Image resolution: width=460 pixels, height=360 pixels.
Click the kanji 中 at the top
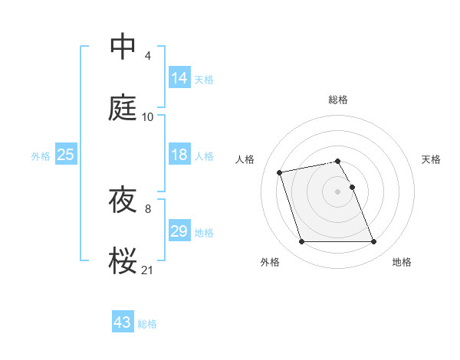click(123, 47)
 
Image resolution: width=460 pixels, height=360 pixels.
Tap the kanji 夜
click(123, 199)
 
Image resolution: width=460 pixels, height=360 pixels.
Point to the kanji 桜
click(123, 260)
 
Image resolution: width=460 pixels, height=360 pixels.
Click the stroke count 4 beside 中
click(147, 56)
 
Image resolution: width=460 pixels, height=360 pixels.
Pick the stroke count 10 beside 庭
click(148, 116)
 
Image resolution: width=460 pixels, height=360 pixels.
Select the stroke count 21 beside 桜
click(148, 269)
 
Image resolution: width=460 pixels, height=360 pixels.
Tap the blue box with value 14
click(179, 77)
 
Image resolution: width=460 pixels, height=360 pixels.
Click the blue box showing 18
click(179, 155)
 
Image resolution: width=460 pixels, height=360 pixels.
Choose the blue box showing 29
click(179, 231)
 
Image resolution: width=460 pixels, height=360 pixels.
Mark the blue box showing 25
click(65, 155)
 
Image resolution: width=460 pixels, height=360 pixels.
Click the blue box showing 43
click(123, 322)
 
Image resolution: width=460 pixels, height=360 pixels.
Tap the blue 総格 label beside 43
click(147, 324)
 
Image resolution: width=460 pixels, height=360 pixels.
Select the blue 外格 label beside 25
click(41, 156)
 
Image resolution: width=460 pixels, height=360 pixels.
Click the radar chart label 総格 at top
click(338, 100)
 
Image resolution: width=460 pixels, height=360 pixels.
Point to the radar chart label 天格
click(431, 159)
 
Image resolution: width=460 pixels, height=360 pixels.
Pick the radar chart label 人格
click(245, 159)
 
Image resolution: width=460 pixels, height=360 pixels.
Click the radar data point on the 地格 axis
click(374, 242)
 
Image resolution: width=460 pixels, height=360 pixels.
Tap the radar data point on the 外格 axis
click(301, 242)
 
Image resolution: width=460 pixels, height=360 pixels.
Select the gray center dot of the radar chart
click(338, 191)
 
